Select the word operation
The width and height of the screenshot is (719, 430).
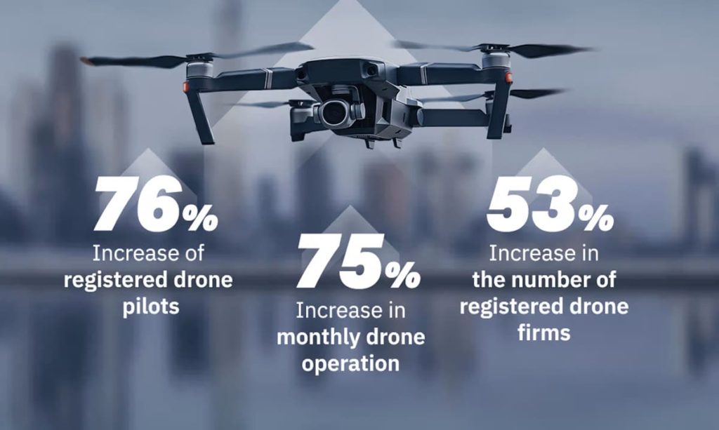point(350,363)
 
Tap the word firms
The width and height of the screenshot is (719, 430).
point(544,332)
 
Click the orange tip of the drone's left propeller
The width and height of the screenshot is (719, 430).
point(86,62)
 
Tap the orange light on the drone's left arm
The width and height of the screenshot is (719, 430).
point(186,87)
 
